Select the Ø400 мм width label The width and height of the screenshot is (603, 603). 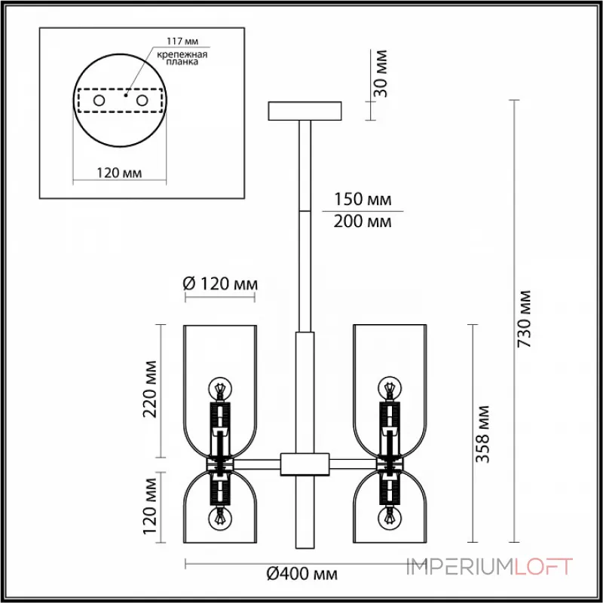pos(301,575)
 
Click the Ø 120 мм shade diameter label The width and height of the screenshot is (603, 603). pos(221,284)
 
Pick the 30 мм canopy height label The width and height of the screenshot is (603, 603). pos(381,72)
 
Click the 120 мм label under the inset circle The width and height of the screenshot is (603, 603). pos(120,173)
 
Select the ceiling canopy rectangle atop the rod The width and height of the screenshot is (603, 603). pos(305,110)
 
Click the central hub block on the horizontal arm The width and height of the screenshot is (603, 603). pos(305,463)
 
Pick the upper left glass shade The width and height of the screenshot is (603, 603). pos(222,362)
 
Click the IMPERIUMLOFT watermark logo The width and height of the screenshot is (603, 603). pos(490,566)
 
